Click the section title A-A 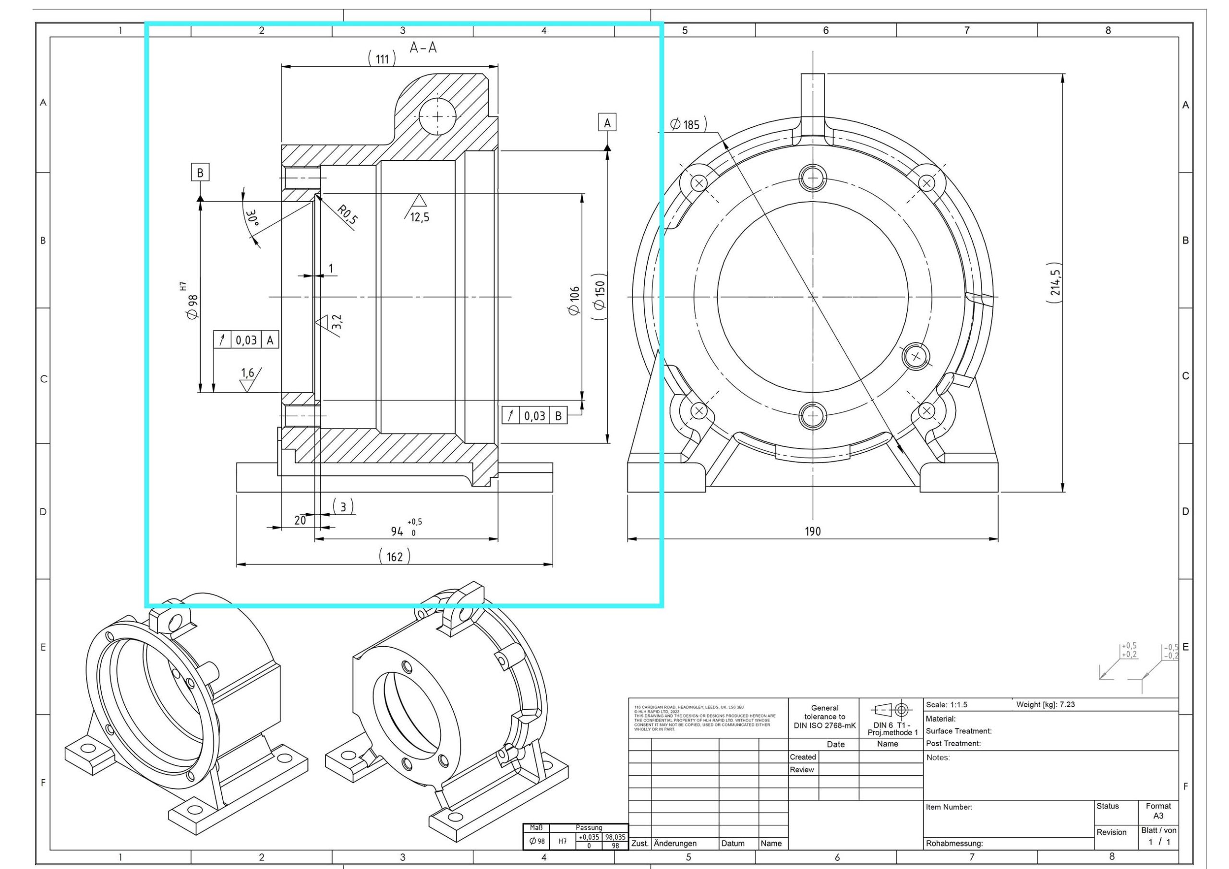point(423,48)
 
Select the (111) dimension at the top point(382,59)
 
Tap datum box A point(607,122)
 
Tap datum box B point(200,172)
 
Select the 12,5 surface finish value point(420,217)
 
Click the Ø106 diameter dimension point(574,301)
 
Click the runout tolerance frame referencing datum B point(534,415)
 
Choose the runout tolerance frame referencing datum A point(246,340)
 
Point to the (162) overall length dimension point(395,556)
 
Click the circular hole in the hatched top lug point(437,116)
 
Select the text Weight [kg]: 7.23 point(1046,705)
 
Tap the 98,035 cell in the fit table point(615,837)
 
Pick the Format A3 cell point(1158,810)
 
